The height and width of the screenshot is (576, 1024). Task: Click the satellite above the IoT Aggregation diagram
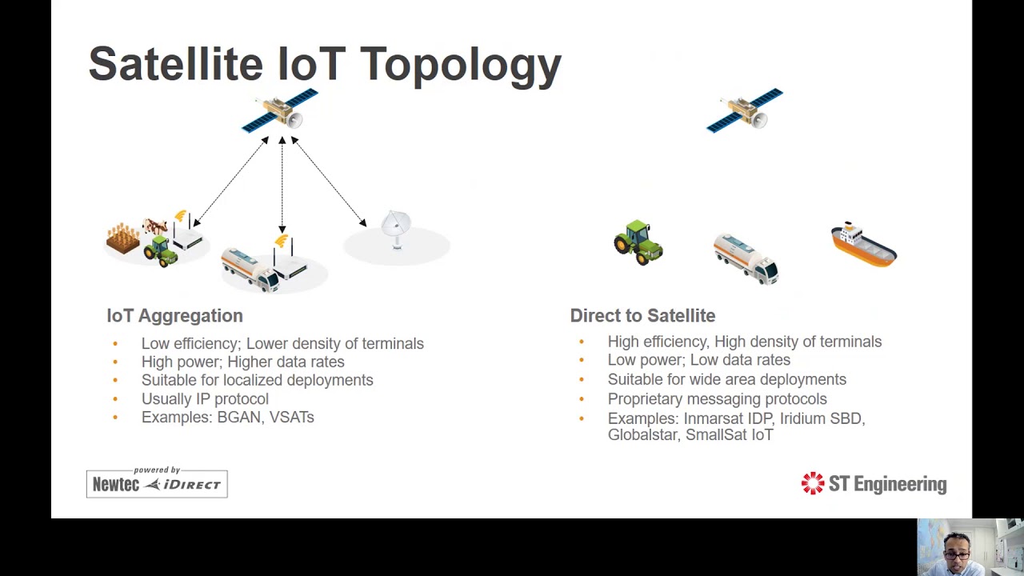(x=281, y=111)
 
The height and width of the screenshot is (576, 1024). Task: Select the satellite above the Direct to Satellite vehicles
(x=745, y=110)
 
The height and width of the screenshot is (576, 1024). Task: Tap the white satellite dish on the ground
(x=396, y=229)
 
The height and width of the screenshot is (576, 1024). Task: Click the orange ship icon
(x=863, y=245)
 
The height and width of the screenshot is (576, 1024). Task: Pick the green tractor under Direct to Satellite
(x=638, y=242)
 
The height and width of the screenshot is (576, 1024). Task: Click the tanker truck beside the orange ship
(x=746, y=258)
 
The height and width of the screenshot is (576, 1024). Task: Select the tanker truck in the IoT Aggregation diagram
(x=250, y=269)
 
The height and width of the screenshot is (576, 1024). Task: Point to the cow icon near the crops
(x=154, y=227)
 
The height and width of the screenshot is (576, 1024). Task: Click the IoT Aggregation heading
(x=174, y=316)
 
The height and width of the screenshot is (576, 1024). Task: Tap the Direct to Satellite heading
(x=642, y=316)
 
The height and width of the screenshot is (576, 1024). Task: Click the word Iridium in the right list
(x=803, y=418)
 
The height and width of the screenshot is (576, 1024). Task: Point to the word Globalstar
(x=642, y=434)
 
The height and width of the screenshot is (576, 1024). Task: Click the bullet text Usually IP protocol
(x=205, y=398)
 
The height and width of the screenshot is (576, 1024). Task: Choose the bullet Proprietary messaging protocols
(x=717, y=398)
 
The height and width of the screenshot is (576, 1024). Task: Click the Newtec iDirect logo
(x=157, y=482)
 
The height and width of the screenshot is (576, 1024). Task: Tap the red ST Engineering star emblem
(x=812, y=483)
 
